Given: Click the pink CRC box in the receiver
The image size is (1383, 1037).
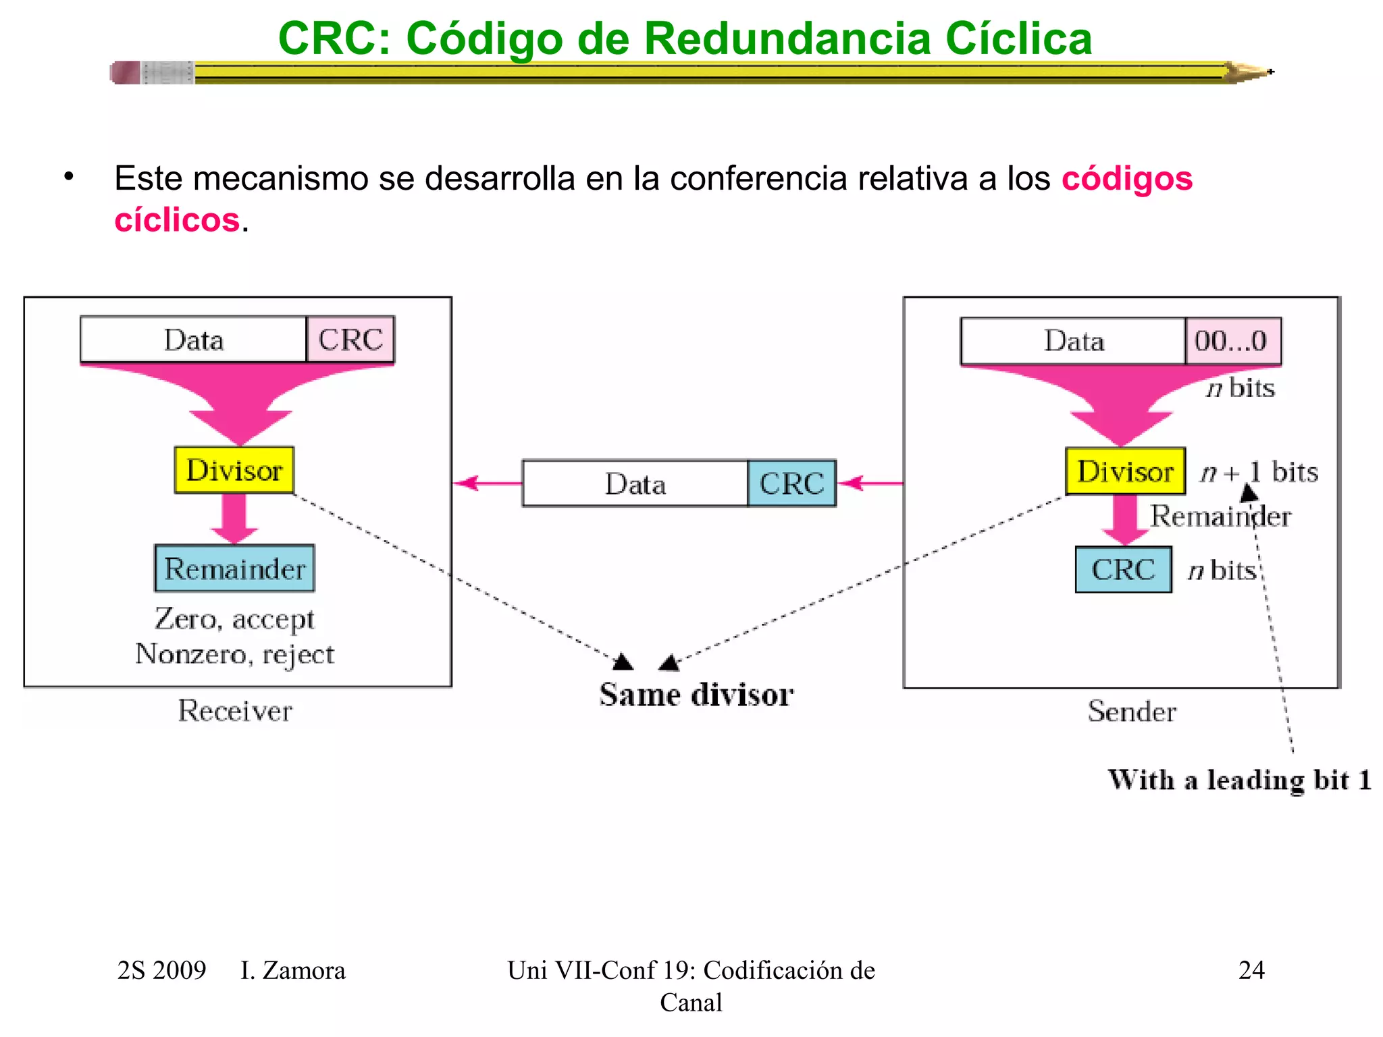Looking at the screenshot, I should pos(350,340).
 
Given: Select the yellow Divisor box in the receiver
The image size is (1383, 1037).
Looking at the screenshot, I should pos(234,470).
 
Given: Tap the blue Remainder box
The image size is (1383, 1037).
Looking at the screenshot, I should pos(234,568).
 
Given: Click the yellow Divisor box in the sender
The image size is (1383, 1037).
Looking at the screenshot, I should pos(1125,471).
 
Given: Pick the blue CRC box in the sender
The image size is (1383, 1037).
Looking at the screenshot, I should pos(1123,570).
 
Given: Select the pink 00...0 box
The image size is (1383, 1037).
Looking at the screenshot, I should pos(1232,341).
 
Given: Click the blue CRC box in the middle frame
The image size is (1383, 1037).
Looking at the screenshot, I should pos(791,483).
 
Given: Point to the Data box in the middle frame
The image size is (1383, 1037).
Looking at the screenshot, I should pos(635,483).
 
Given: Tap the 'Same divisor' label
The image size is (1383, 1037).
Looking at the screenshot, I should pos(696,695).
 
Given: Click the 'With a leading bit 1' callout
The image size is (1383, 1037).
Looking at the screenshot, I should pos(1239,780).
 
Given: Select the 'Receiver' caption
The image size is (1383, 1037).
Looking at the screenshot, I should pos(235,711).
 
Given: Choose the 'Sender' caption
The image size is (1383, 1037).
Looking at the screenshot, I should pos(1132,712).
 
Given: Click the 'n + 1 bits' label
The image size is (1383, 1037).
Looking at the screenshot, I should pos(1259,472).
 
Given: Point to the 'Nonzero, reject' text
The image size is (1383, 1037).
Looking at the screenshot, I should pos(235,654).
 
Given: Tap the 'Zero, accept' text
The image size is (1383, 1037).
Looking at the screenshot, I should pos(235,618).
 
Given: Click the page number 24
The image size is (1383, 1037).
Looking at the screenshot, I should pos(1251,970).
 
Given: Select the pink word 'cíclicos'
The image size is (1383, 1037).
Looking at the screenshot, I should pos(177,220).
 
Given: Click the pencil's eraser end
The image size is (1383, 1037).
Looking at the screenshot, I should pos(126,72).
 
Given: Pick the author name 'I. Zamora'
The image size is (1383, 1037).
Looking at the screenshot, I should pos(292,970).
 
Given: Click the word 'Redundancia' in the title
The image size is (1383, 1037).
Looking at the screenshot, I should pos(787,38).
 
